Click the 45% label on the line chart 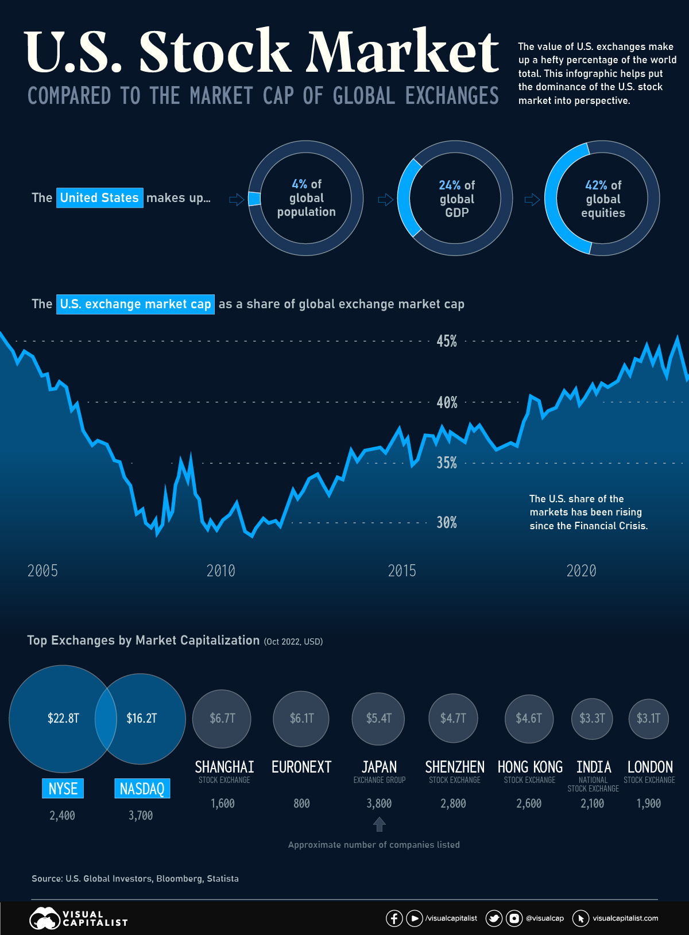(x=447, y=341)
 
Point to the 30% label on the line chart (x=447, y=522)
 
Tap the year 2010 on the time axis (x=221, y=571)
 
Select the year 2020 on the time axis (x=581, y=571)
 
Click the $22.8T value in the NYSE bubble (x=63, y=718)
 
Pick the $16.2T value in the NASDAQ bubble (x=142, y=718)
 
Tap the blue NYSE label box (x=63, y=789)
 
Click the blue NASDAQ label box (x=142, y=789)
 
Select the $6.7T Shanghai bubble (x=222, y=718)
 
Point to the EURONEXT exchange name (x=301, y=767)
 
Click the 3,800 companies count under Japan (x=379, y=804)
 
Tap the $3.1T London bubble (x=649, y=718)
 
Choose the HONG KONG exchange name (x=530, y=767)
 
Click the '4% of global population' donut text (x=306, y=198)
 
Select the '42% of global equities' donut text (x=603, y=199)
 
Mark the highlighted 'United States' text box (x=99, y=198)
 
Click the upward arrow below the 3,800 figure (x=379, y=825)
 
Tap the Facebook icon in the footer (x=394, y=918)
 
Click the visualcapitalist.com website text (x=625, y=918)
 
